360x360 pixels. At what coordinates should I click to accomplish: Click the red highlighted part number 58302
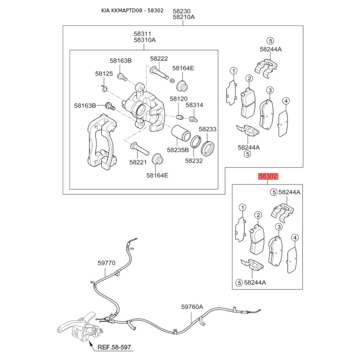[268, 176]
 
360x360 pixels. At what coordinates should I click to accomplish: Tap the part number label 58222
[159, 59]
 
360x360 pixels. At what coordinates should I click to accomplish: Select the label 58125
[104, 74]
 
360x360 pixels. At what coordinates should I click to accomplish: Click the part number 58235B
[178, 150]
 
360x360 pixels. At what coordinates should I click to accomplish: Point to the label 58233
[207, 129]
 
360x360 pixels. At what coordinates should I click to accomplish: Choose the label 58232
[194, 161]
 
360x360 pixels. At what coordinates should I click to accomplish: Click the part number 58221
[138, 162]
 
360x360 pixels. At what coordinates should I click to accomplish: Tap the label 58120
[179, 99]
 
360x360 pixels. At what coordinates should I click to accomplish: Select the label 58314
[194, 105]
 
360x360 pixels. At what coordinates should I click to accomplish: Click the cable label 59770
[107, 263]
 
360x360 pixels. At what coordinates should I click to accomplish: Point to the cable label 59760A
[192, 307]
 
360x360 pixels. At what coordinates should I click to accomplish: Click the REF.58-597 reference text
[114, 347]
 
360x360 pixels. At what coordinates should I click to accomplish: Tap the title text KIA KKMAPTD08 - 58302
[132, 10]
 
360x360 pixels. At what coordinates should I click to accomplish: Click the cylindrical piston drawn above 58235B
[181, 133]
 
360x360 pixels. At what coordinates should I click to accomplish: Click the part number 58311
[142, 34]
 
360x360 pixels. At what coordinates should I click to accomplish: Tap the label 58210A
[184, 17]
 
